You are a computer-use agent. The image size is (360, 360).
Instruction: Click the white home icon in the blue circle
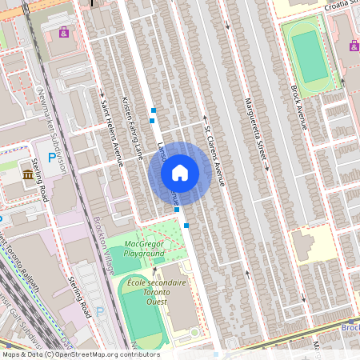(180, 173)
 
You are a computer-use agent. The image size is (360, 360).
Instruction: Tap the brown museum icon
(29, 174)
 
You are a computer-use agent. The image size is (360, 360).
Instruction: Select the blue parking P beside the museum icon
(52, 158)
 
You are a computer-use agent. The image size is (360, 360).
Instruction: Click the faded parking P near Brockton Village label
(100, 310)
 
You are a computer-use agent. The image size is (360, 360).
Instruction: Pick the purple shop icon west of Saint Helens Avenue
(63, 33)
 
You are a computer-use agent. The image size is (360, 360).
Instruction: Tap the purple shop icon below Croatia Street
(354, 46)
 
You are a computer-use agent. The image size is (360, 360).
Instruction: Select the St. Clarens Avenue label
(214, 152)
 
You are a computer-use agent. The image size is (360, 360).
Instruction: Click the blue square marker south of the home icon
(186, 226)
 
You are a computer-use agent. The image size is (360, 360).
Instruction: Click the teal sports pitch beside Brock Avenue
(310, 57)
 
